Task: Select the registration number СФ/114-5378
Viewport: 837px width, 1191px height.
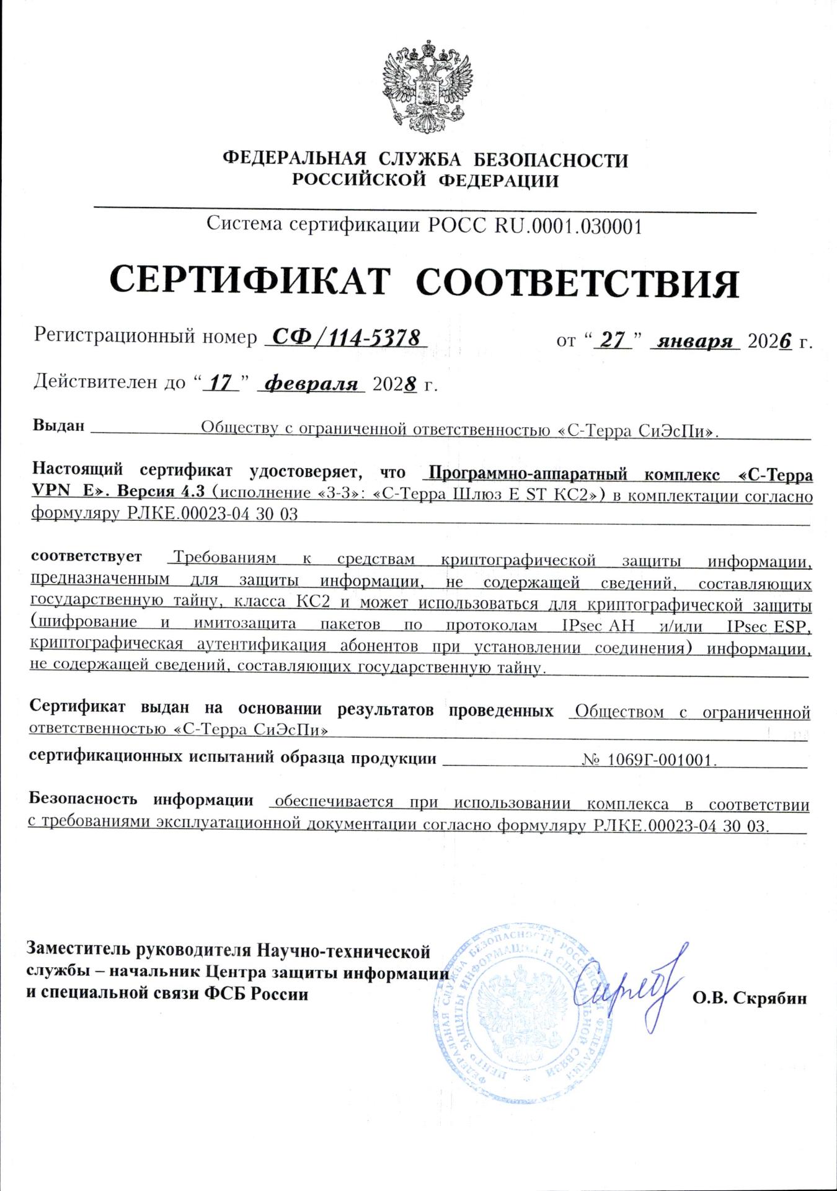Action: (346, 338)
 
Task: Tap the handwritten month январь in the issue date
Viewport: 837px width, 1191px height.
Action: (695, 341)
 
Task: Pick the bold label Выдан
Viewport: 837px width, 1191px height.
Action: (58, 425)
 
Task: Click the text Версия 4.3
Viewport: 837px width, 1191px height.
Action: (161, 491)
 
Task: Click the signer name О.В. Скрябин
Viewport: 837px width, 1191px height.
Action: (750, 998)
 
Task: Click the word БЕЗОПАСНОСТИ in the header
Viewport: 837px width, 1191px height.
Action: (551, 160)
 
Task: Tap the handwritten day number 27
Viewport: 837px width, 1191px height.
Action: (613, 340)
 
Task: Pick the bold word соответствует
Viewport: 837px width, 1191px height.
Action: (86, 556)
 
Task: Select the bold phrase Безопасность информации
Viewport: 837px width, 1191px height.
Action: (141, 800)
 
